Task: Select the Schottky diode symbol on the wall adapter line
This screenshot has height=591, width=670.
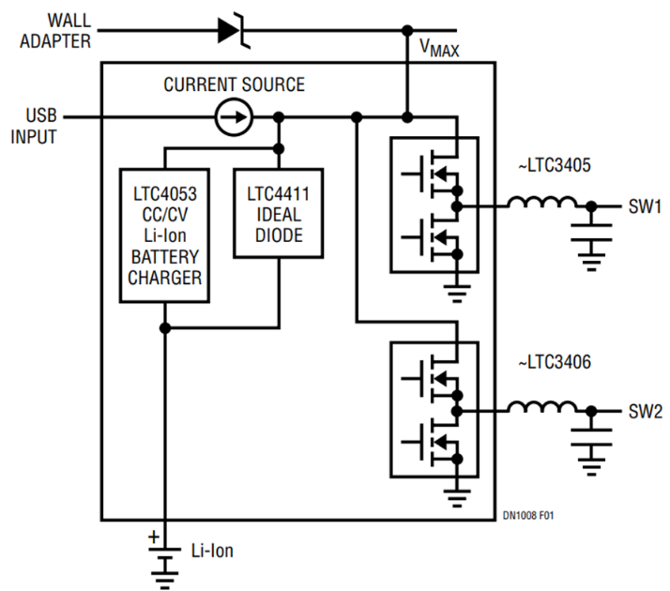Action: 231,29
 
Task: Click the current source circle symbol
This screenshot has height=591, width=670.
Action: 232,117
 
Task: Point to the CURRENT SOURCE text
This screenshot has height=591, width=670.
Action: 234,85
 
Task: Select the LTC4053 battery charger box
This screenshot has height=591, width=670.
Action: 164,235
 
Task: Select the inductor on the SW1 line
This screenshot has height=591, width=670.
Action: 541,204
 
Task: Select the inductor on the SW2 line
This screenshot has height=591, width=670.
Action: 541,407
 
